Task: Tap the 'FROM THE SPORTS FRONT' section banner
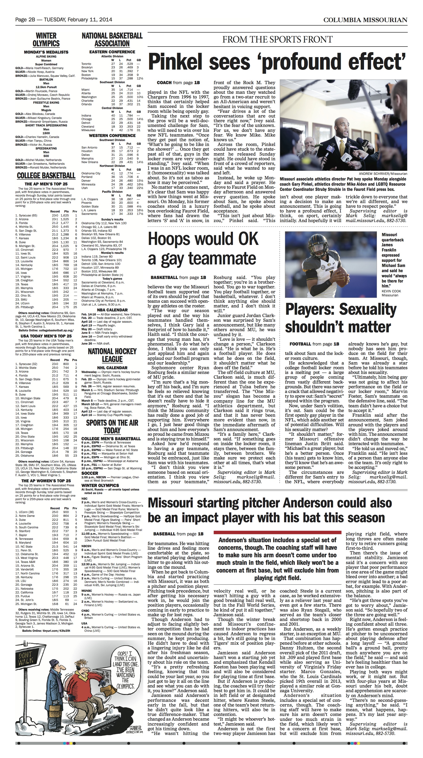point(277,39)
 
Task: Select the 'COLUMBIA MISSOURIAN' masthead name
point(365,20)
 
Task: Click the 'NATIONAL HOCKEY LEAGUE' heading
point(112,355)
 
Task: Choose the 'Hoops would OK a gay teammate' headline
point(203,249)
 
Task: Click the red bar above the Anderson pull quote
point(277,532)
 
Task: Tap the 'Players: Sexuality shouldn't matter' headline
point(341,318)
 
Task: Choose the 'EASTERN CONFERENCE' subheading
point(112,52)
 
